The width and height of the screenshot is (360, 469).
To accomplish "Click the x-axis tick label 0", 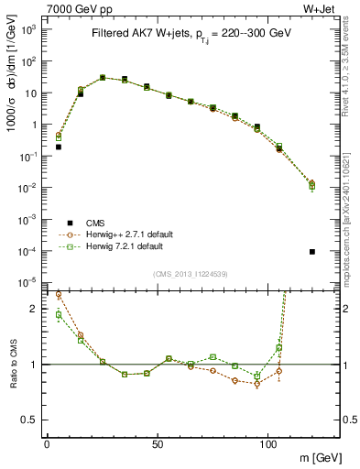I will pyautogui.click(x=47, y=443).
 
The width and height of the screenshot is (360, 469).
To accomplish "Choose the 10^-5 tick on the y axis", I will pyautogui.click(x=28, y=282).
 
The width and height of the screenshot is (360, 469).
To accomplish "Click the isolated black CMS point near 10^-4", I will pyautogui.click(x=312, y=252).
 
